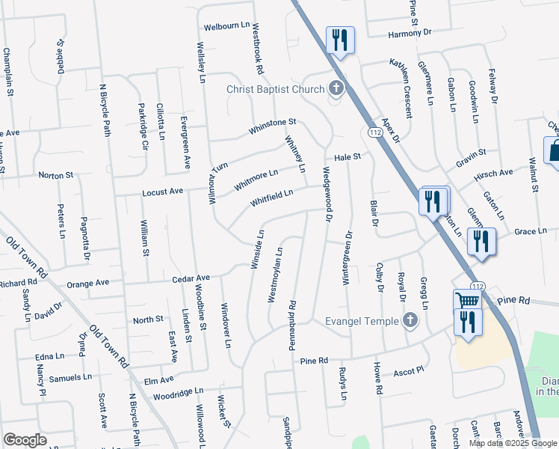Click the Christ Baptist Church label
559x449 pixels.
point(277,90)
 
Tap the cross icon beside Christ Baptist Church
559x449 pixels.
point(336,90)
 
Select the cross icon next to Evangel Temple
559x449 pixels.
point(409,321)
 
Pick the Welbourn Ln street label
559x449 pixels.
point(226,27)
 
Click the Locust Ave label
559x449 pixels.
point(164,192)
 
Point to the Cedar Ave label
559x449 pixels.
point(191,278)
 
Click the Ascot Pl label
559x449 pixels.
point(409,370)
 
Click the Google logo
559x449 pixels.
point(25,440)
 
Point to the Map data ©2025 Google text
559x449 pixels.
point(513,443)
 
